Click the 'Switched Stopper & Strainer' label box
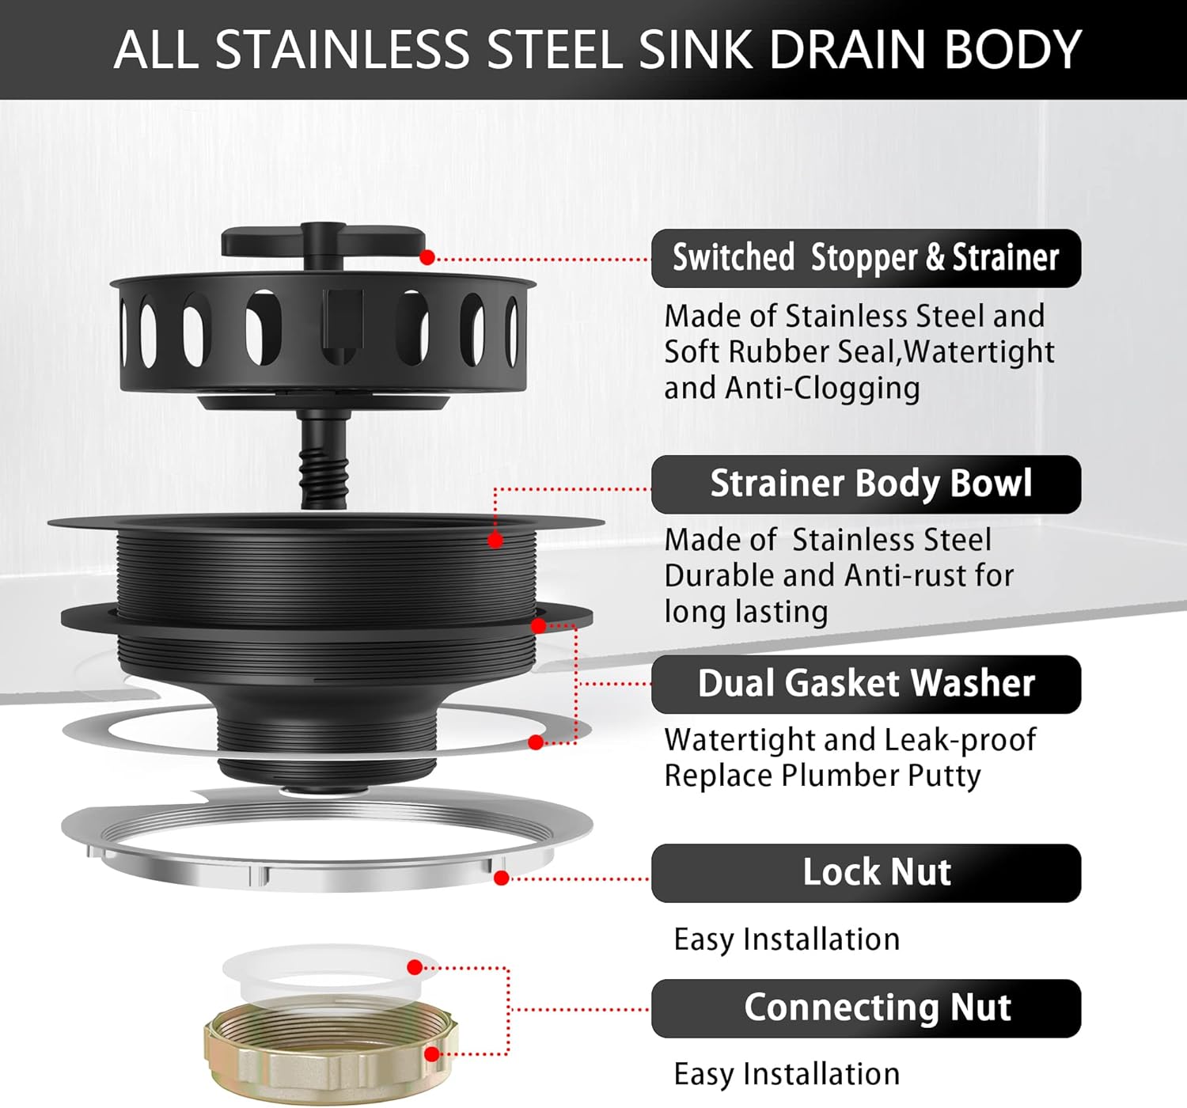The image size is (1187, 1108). click(866, 258)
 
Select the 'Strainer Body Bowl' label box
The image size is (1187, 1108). click(866, 484)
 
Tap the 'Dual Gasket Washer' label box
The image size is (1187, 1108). click(866, 684)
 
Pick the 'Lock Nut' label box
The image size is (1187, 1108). click(866, 872)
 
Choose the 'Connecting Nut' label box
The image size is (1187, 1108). click(866, 1007)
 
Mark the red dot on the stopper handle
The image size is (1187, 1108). click(427, 257)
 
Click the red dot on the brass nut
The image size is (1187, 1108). click(431, 1054)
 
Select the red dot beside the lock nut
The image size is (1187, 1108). click(501, 878)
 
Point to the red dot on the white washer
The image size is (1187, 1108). click(415, 967)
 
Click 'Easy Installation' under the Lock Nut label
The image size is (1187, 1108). click(787, 939)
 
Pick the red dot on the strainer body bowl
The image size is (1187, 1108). click(495, 541)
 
